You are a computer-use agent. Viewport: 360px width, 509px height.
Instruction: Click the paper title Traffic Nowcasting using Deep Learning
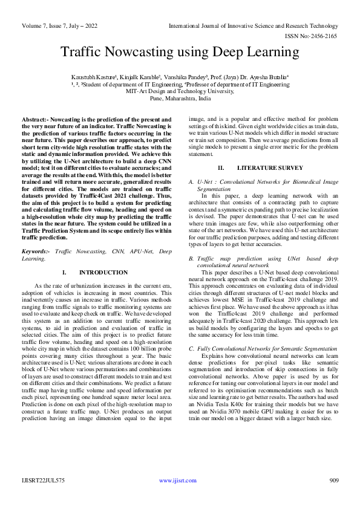[x=180, y=53]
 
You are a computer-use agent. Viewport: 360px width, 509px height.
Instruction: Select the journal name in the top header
[x=252, y=25]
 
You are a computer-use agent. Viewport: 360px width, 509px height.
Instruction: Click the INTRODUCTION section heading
[x=99, y=273]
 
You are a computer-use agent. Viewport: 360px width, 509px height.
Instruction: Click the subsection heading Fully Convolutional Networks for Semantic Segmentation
[x=260, y=349]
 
